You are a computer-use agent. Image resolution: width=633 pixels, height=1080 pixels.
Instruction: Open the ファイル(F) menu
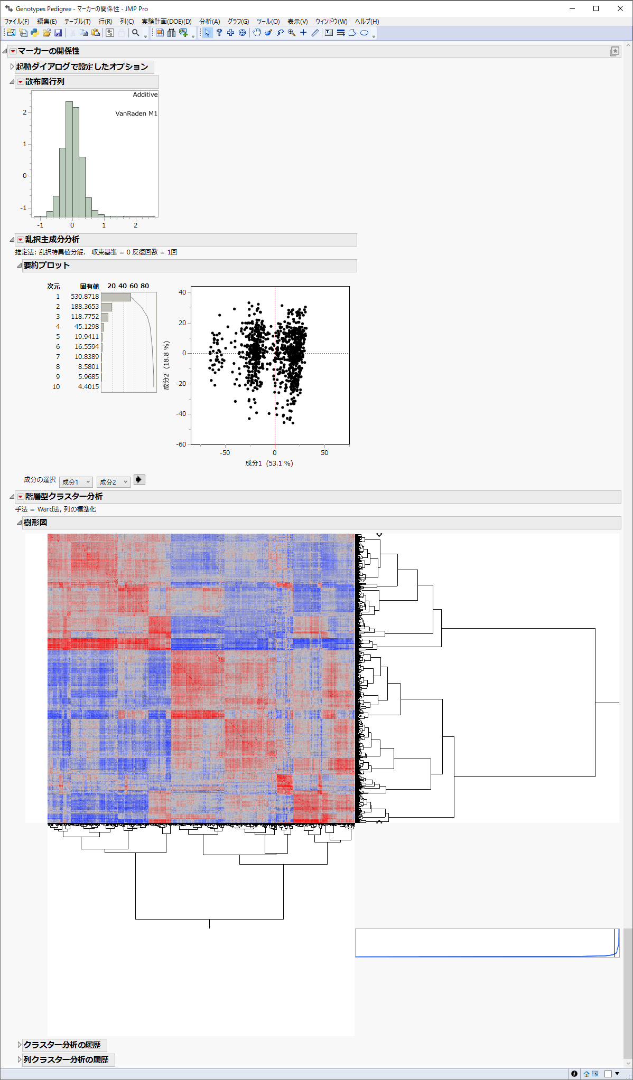coord(16,22)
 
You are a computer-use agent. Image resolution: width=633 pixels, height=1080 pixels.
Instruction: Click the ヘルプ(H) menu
coord(367,22)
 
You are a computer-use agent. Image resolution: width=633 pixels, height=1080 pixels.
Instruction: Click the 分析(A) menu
coord(209,22)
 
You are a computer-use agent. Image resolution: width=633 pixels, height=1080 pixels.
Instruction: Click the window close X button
coord(620,8)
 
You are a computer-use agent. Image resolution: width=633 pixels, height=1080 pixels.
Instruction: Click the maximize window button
coord(596,8)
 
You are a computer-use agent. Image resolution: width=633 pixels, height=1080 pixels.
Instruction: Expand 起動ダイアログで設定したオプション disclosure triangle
coord(12,67)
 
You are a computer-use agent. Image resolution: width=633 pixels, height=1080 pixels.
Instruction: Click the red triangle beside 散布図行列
coord(21,82)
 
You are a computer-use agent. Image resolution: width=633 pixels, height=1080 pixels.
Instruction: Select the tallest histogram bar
coord(69,158)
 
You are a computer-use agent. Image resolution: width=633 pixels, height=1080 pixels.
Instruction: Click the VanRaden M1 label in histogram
coord(136,113)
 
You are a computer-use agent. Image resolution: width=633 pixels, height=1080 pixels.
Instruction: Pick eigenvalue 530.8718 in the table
coord(85,297)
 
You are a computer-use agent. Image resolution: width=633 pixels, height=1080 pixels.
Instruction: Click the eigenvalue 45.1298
coord(86,327)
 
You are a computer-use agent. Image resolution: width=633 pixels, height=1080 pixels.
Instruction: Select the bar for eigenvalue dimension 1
coord(116,297)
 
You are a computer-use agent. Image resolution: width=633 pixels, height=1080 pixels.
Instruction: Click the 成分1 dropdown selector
coord(76,482)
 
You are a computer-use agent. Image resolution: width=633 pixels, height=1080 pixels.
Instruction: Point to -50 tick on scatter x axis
coord(225,453)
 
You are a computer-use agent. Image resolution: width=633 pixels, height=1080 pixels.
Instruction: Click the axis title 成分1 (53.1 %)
coord(268,463)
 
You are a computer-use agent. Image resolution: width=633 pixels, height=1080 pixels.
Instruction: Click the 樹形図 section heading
coord(35,522)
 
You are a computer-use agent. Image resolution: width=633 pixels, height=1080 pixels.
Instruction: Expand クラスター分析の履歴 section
coord(20,1044)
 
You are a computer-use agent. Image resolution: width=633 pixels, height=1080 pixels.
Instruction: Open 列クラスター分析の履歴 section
coord(20,1059)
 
